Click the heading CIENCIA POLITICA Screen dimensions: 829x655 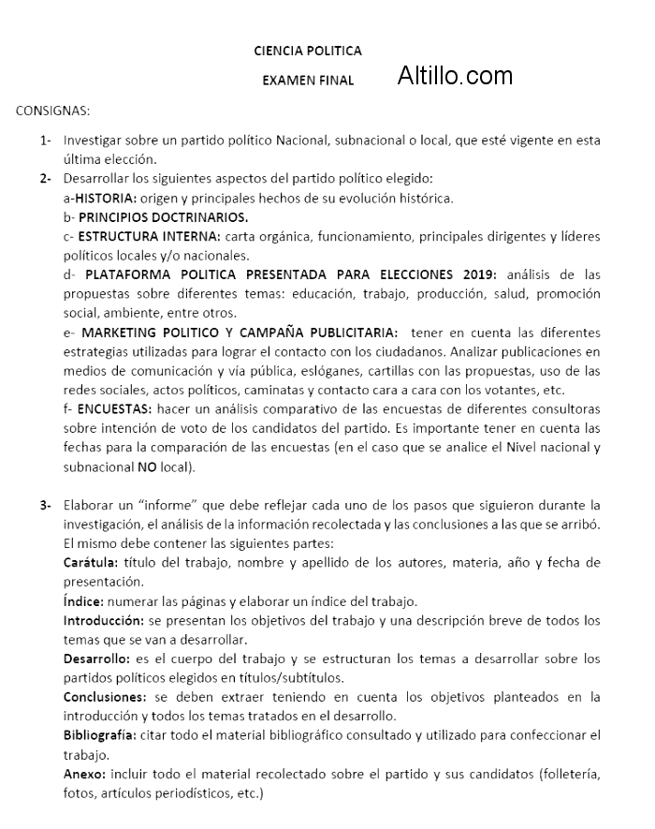308,51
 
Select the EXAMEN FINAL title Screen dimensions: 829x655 308,81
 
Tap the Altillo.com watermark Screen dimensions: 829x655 455,76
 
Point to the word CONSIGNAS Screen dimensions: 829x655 52,111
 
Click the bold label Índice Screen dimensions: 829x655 84,601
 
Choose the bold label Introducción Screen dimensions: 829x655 102,621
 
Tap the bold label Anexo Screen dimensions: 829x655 84,775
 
